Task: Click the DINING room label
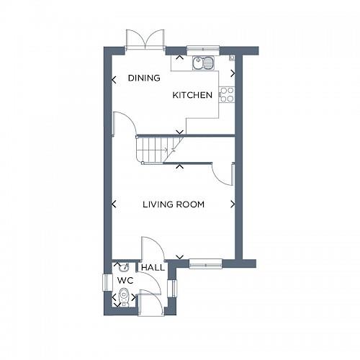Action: (143, 78)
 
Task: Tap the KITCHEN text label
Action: (192, 95)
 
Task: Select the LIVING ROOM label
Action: (173, 204)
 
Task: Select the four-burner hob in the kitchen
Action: (227, 94)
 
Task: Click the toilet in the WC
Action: (124, 294)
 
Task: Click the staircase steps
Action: (154, 149)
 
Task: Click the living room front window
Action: (205, 264)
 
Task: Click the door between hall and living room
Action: (153, 248)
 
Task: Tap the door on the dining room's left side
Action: (125, 125)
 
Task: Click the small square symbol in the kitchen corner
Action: (230, 55)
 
